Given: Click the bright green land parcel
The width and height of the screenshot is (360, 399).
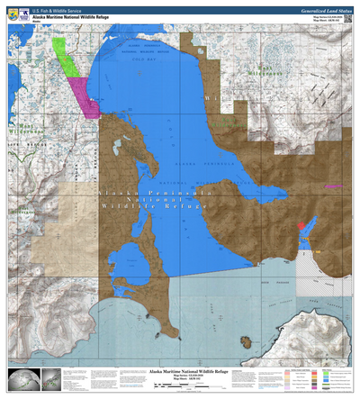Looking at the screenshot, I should pos(62,53).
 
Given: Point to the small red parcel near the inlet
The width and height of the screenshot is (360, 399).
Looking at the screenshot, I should pos(301,225).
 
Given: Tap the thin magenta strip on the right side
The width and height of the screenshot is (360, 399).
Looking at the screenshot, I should pos(334,185).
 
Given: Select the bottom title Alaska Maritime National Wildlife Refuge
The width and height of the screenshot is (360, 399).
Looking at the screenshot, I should pos(180,370).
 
